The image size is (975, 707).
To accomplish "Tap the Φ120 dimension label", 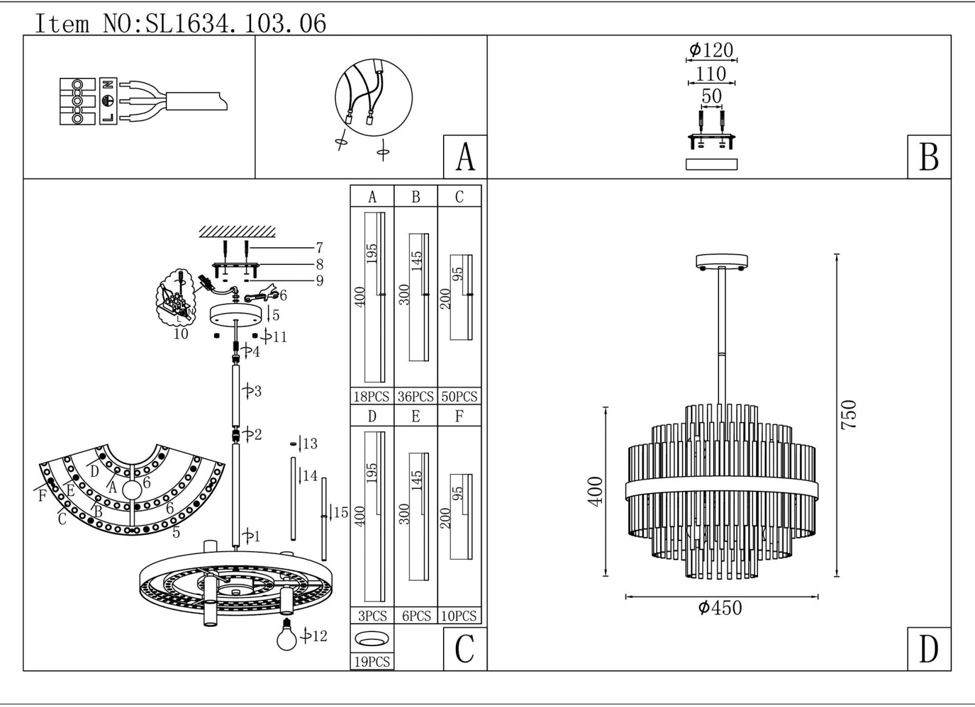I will pos(711,50).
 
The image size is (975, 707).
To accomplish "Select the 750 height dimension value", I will pos(849,414).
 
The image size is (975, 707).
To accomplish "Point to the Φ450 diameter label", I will pos(720,608).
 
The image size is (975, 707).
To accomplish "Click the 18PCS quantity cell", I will pos(372,396).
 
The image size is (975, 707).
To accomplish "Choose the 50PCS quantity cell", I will pos(459,396).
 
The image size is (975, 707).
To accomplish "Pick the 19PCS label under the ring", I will pos(372,662).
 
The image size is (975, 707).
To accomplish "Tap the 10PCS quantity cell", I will pos(459,616).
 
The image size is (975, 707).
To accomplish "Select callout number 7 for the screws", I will pos(319,248).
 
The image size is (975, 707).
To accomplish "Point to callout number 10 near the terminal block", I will pos(181,334).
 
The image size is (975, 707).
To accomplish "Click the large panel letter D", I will pos(929,649).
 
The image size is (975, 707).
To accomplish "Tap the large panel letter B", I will pos(929,157).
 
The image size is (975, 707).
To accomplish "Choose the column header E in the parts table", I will pos(416,417).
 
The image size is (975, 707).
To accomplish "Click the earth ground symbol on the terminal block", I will pos(108,101).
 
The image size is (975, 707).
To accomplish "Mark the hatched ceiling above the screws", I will pos(236,231).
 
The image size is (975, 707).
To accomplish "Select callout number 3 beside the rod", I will pos(257,391).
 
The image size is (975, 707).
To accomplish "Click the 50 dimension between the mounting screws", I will pos(711,96).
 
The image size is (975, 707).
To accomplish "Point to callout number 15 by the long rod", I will pos(340,513).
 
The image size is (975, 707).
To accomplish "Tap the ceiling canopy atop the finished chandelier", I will pos(721,261).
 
